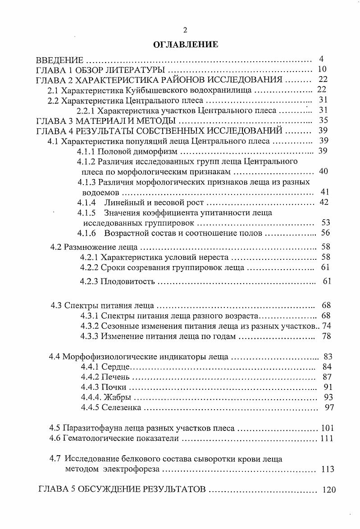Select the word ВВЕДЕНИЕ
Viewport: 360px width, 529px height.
[x=59, y=60]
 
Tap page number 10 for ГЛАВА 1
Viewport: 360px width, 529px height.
[x=322, y=69]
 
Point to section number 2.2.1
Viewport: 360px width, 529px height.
[x=86, y=110]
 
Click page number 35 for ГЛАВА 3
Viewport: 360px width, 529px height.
[x=323, y=120]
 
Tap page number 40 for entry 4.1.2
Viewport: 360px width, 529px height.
[x=323, y=171]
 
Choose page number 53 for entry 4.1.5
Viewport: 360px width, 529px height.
[x=326, y=222]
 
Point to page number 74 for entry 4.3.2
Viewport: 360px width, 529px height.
[x=327, y=326]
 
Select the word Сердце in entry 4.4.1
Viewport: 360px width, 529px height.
[x=116, y=367]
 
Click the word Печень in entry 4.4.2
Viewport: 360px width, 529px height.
[x=116, y=377]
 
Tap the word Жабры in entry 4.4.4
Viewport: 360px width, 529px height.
[x=118, y=398]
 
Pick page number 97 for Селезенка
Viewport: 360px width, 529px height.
[x=329, y=407]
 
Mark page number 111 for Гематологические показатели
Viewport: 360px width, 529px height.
[x=327, y=438]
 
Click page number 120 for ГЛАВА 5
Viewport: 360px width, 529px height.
[x=329, y=490]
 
